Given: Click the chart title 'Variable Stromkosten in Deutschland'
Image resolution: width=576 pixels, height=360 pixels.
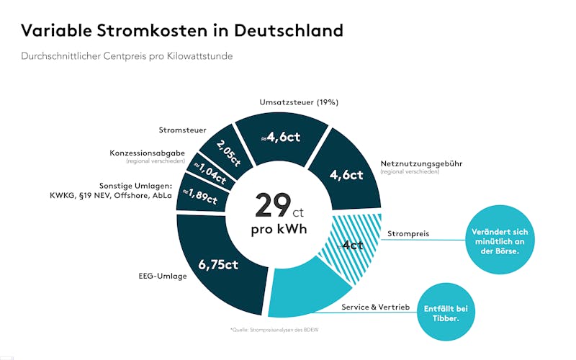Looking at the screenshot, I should coord(182,30).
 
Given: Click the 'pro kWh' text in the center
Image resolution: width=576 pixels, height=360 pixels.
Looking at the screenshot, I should coord(278,230).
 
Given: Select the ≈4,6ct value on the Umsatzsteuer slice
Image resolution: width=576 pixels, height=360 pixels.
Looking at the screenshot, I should coord(281,138).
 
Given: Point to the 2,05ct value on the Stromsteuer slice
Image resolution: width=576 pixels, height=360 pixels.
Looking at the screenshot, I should coord(222,151).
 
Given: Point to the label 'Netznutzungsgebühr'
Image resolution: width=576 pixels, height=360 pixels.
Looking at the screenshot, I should coord(420,163).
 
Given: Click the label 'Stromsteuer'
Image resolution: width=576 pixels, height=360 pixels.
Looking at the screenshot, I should coord(182,130).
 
